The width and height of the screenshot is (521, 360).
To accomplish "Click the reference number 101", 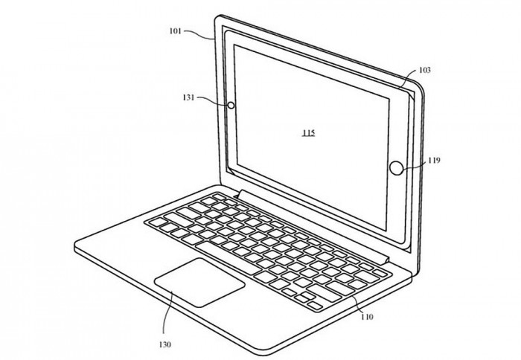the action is click(x=176, y=31).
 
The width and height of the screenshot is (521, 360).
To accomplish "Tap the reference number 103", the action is click(x=425, y=70).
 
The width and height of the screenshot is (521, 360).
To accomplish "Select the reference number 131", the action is click(x=188, y=97).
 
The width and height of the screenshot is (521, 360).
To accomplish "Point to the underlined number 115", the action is click(x=308, y=133).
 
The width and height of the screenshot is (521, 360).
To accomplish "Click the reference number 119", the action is click(x=434, y=161).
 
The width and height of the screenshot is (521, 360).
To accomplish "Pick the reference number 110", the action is click(x=367, y=317).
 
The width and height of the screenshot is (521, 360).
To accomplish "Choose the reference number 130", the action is click(x=164, y=344).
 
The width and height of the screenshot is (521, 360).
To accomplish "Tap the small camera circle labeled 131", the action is click(x=231, y=106).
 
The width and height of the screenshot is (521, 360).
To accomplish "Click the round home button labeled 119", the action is click(x=397, y=168).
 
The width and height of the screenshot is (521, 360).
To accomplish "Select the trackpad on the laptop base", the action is click(x=199, y=283).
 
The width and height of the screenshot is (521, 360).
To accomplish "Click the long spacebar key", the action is click(x=228, y=258).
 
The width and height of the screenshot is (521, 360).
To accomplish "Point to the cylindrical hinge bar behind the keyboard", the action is click(x=313, y=227).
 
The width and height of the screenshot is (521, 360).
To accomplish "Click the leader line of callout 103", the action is click(x=408, y=79).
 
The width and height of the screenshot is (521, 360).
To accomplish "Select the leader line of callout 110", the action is click(x=358, y=304).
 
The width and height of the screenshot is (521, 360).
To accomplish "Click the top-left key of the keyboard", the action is click(x=220, y=196).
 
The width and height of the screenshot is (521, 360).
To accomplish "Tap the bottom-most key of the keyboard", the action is click(x=315, y=306).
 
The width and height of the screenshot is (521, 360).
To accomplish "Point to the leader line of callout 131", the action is click(x=213, y=100).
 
